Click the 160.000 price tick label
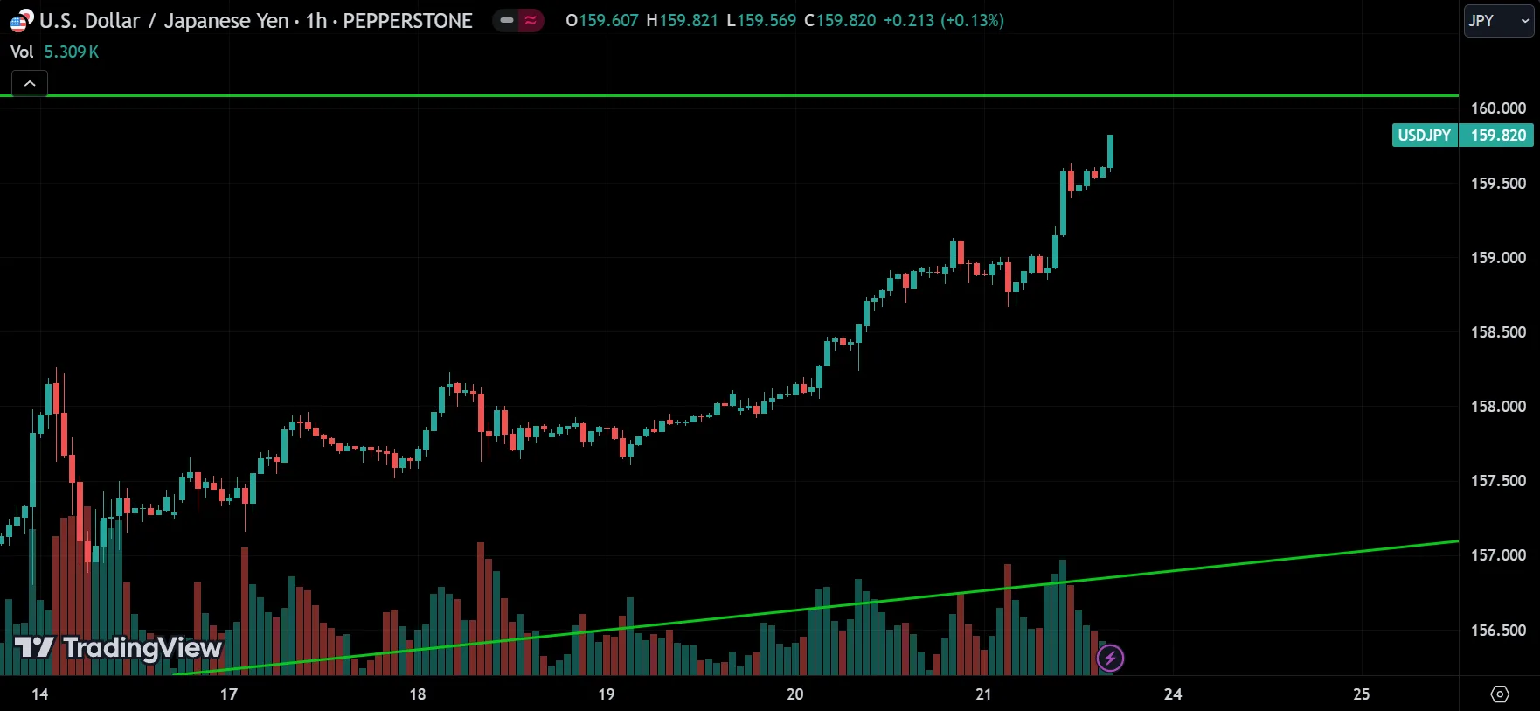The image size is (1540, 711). click(x=1498, y=108)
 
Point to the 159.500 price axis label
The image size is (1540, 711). click(x=1498, y=184)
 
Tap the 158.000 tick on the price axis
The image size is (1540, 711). click(x=1498, y=407)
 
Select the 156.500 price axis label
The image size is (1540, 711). click(x=1498, y=631)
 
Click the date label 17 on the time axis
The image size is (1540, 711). click(x=229, y=694)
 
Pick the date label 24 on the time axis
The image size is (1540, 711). click(x=1173, y=694)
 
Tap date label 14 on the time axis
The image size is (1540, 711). click(x=40, y=694)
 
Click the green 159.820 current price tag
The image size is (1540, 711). click(x=1498, y=136)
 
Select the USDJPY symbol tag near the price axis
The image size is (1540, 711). click(x=1425, y=136)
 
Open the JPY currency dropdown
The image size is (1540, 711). click(x=1499, y=21)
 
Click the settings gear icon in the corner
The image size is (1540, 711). click(x=1500, y=694)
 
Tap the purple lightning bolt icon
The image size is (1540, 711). click(x=1110, y=658)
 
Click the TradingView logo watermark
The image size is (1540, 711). click(x=119, y=648)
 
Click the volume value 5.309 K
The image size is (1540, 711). click(x=72, y=52)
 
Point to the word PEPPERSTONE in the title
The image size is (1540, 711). click(x=407, y=21)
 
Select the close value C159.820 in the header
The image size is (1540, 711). click(x=839, y=20)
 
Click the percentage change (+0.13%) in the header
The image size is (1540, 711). click(x=972, y=20)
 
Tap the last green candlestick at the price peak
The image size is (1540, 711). click(x=1110, y=150)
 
